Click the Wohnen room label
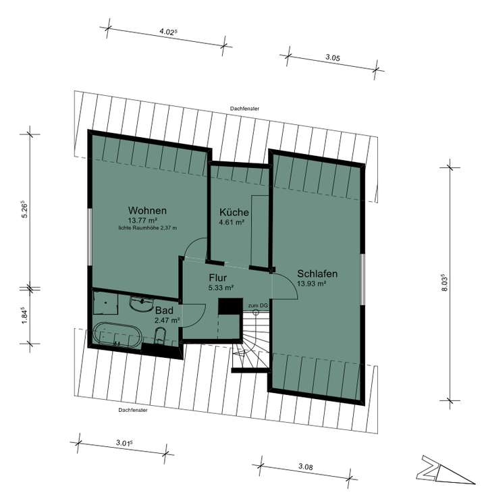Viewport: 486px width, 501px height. coord(147,210)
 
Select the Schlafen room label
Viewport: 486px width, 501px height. coord(317,274)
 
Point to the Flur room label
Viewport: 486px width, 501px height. coord(217,278)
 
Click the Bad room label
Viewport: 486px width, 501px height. coord(165,311)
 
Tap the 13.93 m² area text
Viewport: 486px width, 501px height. coord(312,284)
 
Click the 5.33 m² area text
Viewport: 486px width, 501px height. coord(221,287)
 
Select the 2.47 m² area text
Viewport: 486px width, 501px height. coord(167,321)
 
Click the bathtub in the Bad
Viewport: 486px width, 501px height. coord(116,335)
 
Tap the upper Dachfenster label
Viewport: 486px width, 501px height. coord(245,108)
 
